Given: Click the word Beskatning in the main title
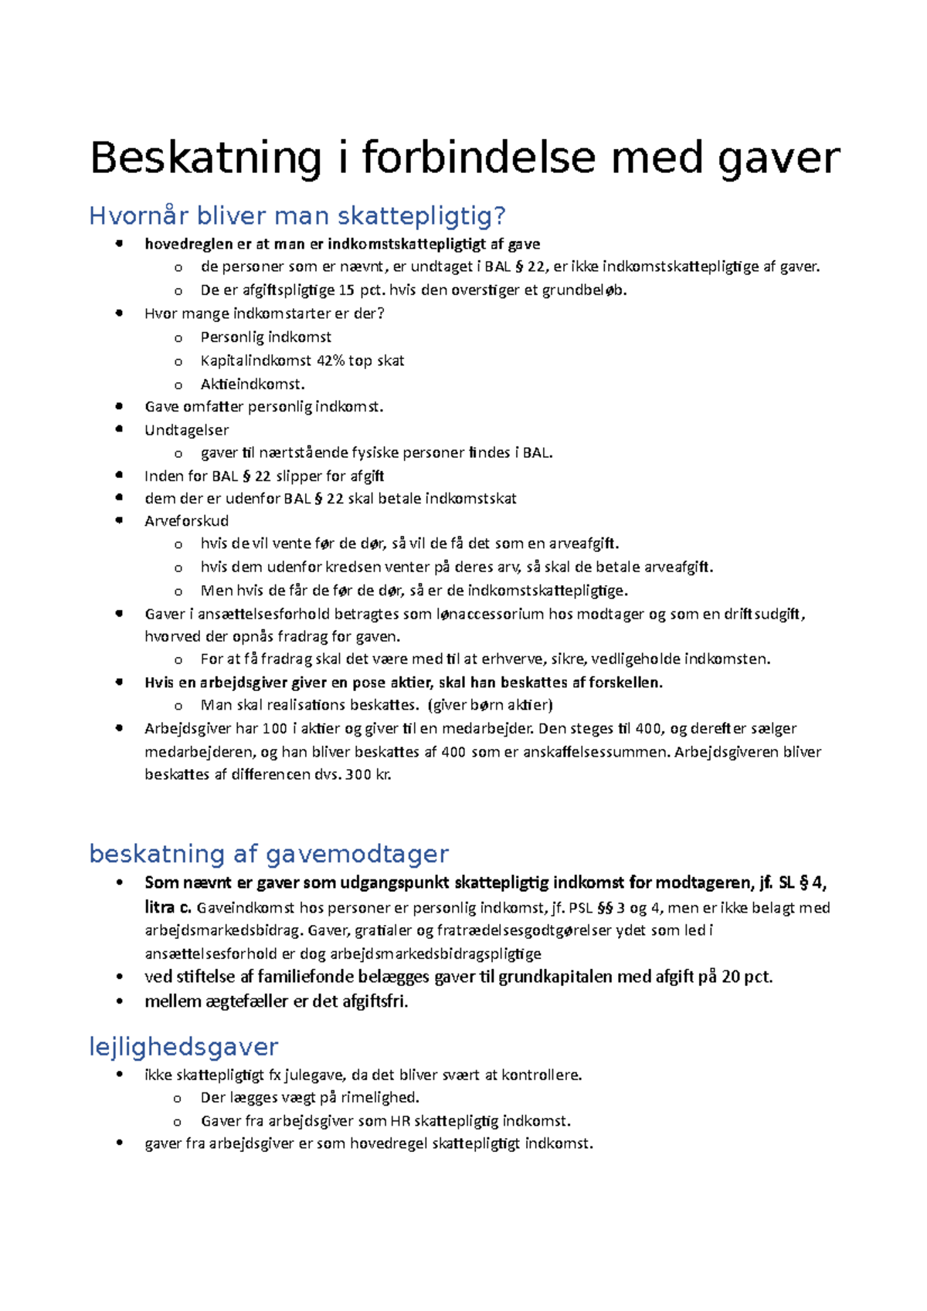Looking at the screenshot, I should [x=205, y=158].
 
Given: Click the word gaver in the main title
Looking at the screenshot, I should [x=779, y=158].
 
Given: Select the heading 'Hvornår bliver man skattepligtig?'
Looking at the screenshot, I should [x=297, y=216].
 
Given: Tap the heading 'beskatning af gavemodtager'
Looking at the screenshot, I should [x=269, y=854].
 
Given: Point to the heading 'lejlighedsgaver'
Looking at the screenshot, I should [x=183, y=1047].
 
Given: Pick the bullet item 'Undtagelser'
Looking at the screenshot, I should [x=186, y=430].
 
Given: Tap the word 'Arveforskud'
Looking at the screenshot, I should [x=186, y=521].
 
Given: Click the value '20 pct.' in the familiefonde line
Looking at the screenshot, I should [x=747, y=977].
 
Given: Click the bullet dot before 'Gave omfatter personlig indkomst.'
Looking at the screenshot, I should [x=119, y=406].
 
